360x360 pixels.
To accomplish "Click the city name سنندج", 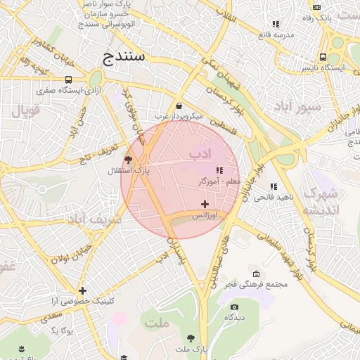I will point(123,57).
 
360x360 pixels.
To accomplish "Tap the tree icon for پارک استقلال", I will point(127,160).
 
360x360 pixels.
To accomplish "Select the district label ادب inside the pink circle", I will point(200,153).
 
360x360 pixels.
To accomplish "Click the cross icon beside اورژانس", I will point(205,204).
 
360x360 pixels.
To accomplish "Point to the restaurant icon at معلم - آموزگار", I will point(219,170).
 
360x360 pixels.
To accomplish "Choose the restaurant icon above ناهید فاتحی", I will point(274,186).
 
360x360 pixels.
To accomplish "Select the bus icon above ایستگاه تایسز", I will point(323,57).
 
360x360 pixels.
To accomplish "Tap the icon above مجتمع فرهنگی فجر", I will point(256,274).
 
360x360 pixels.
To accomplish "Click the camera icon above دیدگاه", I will point(234,307).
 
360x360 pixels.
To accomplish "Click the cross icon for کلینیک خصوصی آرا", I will point(82,290).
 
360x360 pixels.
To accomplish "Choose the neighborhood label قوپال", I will point(27,110).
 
